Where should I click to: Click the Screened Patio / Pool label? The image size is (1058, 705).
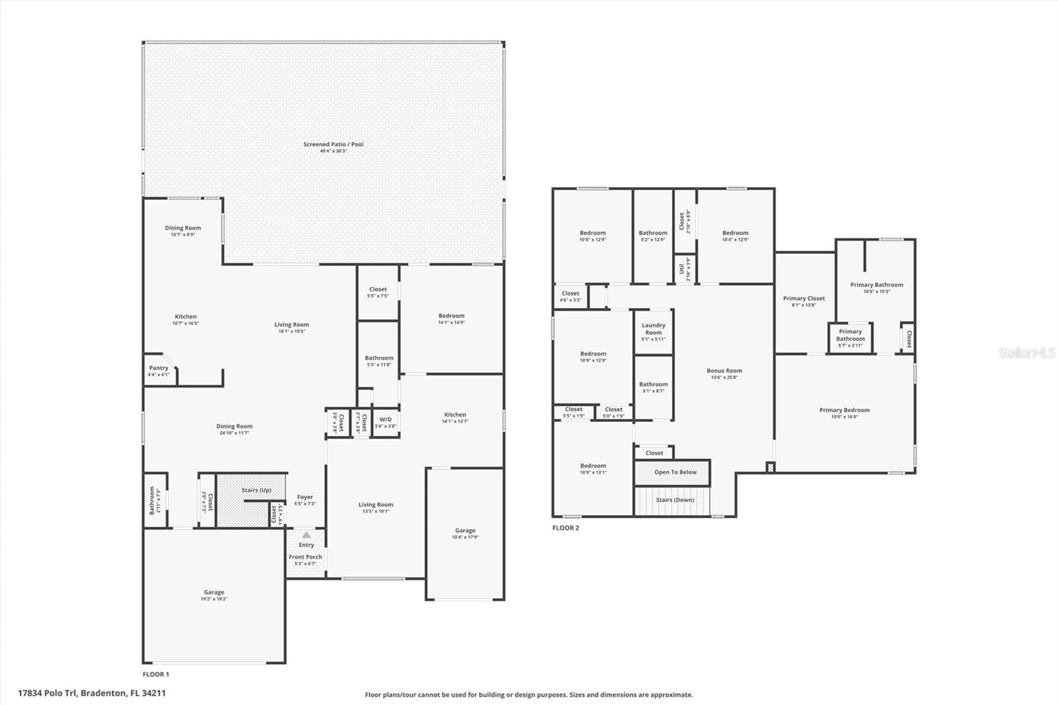333,144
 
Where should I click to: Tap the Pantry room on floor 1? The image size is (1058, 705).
159,371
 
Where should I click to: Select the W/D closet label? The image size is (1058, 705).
385,422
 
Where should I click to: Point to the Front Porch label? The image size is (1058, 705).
305,557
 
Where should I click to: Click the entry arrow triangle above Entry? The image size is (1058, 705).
306,534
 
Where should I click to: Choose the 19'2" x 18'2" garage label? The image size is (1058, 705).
214,595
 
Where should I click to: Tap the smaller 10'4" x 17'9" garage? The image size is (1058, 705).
465,533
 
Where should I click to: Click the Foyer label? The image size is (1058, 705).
305,497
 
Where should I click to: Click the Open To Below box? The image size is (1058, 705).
674,472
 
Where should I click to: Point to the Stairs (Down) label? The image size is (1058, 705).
674,500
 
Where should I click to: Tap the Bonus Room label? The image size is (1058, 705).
724,371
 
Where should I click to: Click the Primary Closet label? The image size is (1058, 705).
803,299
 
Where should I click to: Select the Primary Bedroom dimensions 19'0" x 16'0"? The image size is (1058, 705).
844,417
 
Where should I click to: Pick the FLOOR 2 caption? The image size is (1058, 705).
565,528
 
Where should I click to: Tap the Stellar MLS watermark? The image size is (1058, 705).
1026,353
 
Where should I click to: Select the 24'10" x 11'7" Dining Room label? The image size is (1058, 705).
234,430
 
